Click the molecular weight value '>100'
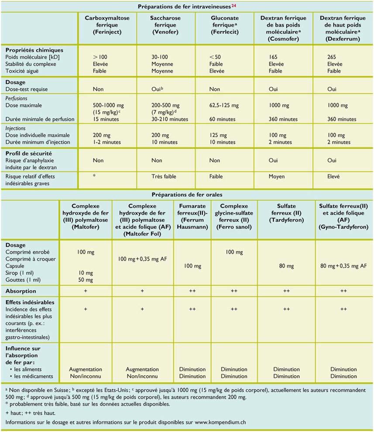coord(100,57)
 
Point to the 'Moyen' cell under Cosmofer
coord(277,177)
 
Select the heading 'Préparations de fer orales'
coord(186,195)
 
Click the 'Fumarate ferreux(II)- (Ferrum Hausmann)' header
coord(192,213)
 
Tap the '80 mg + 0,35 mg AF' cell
coord(343,266)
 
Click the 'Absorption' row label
coord(21,291)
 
